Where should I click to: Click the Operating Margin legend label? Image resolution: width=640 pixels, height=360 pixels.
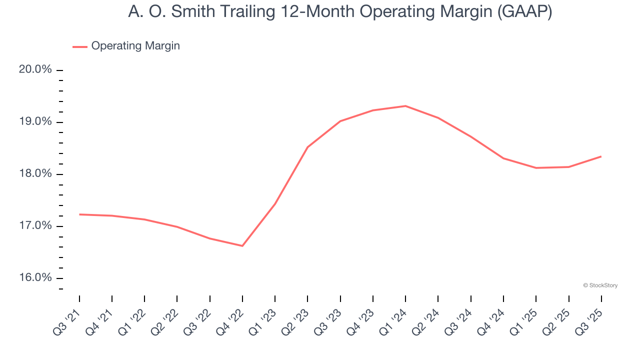point(135,46)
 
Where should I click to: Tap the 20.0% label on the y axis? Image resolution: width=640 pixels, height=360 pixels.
point(35,69)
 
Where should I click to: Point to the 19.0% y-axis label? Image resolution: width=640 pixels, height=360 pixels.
point(35,121)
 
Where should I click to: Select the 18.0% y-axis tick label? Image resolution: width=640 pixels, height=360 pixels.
point(35,173)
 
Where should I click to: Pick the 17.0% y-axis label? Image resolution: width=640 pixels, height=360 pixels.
point(35,225)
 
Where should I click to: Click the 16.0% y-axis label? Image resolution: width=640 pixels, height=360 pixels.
point(35,277)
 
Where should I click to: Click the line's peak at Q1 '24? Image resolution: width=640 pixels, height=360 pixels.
point(405,106)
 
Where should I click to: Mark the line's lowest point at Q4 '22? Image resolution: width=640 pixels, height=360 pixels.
point(242,246)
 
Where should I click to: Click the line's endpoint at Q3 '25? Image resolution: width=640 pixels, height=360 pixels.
point(601,156)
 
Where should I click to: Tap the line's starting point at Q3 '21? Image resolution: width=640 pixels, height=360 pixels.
point(79,214)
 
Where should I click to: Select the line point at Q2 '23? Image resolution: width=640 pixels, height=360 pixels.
point(307,147)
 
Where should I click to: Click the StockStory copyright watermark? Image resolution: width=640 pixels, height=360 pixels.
point(600,285)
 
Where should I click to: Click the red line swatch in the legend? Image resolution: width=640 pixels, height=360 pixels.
point(80,46)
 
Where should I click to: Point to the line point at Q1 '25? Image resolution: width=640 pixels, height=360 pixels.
point(536,168)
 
